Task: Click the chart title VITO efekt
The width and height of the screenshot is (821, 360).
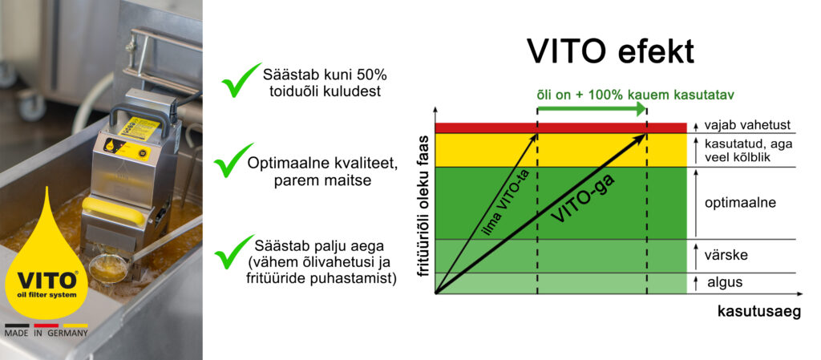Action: click(x=610, y=51)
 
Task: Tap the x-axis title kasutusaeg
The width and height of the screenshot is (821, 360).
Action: click(x=758, y=313)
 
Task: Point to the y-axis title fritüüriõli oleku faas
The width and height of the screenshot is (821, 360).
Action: click(x=423, y=208)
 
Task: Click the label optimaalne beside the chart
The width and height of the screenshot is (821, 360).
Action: click(x=739, y=203)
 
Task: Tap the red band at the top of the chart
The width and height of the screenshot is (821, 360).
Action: click(x=560, y=127)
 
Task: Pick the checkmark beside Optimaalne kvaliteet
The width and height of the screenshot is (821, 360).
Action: click(x=235, y=160)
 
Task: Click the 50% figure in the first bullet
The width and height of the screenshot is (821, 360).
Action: click(x=370, y=75)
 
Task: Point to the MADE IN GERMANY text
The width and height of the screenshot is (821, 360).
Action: click(x=47, y=332)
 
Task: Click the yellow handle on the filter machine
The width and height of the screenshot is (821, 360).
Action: click(x=123, y=210)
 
